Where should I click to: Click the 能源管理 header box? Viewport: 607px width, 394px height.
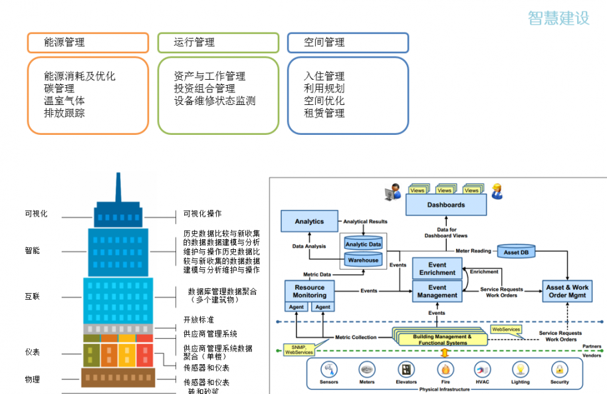point(87,43)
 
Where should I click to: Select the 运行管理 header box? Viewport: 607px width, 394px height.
point(217,43)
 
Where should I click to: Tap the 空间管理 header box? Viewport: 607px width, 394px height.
point(348,43)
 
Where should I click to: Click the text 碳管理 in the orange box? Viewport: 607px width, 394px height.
point(59,88)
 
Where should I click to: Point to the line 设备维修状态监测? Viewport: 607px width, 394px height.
point(215,101)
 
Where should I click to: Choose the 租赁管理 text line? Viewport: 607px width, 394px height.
point(324,113)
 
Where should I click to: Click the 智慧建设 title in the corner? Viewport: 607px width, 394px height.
point(558,18)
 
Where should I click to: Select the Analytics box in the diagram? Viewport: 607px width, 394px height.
point(309,221)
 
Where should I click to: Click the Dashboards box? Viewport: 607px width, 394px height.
point(446,205)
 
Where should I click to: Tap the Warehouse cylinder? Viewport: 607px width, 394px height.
point(362,260)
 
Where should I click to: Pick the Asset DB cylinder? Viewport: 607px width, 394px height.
point(516,252)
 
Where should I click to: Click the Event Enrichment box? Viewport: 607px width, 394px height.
point(437,268)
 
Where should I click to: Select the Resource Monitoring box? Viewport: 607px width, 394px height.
point(309,291)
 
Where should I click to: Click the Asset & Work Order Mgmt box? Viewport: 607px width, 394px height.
point(567,291)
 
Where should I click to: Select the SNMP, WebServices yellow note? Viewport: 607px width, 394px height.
point(299,349)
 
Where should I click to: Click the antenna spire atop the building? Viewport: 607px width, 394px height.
point(118,187)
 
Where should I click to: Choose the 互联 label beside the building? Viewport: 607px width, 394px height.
point(32,296)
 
